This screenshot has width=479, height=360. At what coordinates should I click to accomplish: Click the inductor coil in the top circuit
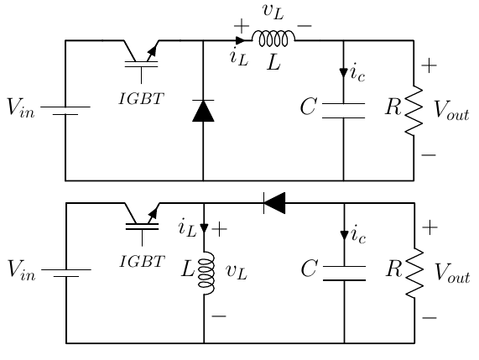[x=273, y=39]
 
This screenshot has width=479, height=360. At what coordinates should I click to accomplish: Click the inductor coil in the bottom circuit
[x=204, y=273]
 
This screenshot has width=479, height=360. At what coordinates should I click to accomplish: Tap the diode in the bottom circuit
[x=274, y=202]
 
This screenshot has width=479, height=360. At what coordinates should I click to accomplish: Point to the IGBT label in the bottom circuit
[x=138, y=261]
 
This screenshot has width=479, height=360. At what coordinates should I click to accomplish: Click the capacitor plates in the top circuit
[x=344, y=111]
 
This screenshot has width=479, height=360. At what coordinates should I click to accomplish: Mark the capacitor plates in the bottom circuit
[x=344, y=273]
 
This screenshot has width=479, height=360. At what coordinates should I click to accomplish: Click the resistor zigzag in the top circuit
[x=414, y=111]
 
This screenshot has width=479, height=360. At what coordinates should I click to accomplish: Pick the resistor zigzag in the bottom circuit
[x=414, y=273]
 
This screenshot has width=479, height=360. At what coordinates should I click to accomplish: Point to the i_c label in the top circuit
[x=357, y=74]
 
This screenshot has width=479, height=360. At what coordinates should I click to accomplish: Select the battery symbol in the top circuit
[x=65, y=111]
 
